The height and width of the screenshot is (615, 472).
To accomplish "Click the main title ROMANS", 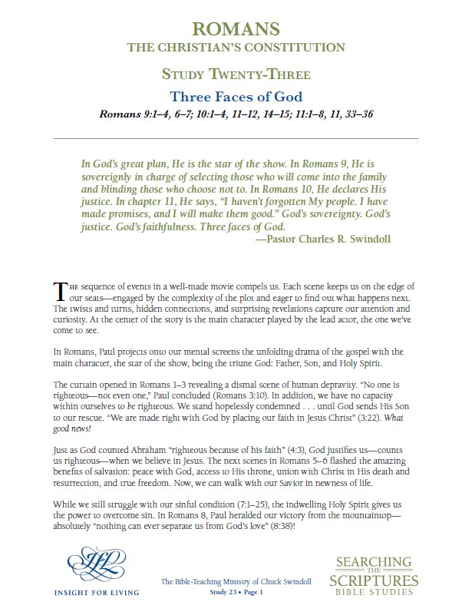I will click(236, 30).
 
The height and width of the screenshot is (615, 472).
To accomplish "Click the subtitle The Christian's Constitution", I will click(236, 48).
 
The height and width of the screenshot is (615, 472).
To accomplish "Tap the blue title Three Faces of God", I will click(236, 97).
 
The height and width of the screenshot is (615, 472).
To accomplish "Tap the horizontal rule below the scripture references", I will click(236, 137).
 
